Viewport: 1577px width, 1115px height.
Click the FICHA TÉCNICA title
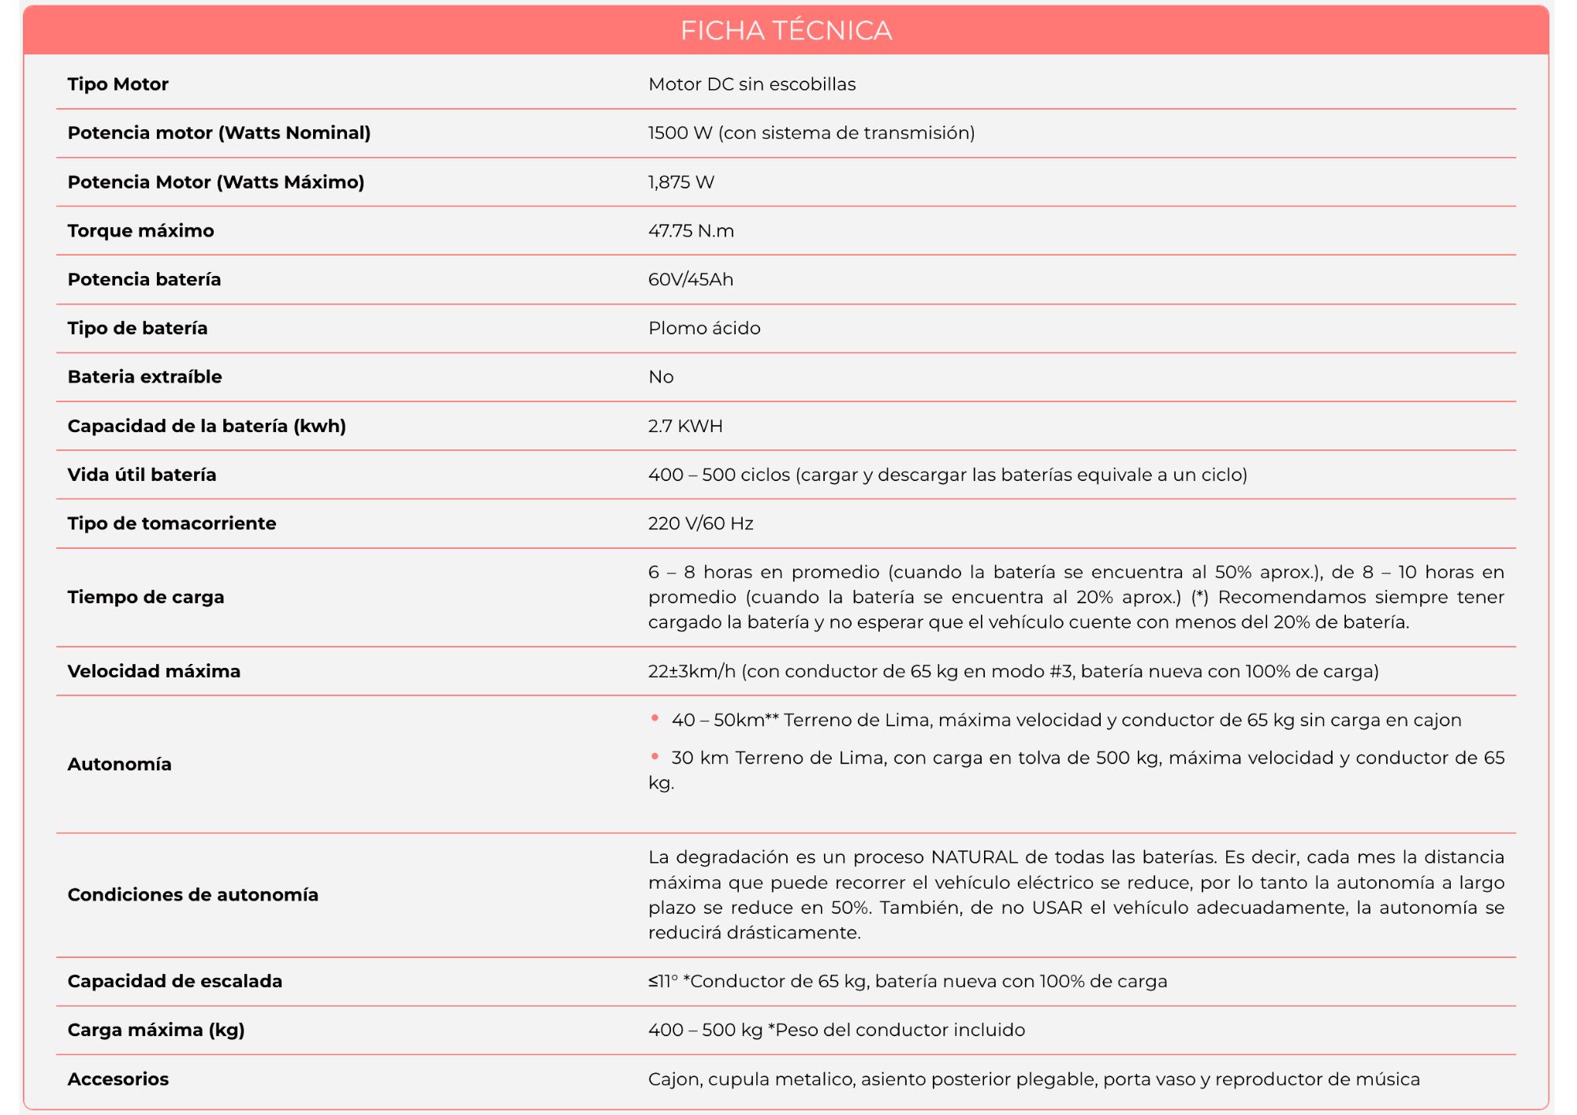click(x=786, y=31)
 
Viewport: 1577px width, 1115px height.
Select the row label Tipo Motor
click(x=117, y=84)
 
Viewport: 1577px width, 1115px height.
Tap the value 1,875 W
click(x=680, y=182)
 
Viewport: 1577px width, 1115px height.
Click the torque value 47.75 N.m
click(x=691, y=231)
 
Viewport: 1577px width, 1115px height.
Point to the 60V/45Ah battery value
click(x=690, y=280)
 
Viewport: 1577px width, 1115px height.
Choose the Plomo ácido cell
click(x=704, y=328)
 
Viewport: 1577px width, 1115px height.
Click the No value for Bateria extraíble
click(x=661, y=377)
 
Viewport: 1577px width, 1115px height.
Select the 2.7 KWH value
click(x=685, y=426)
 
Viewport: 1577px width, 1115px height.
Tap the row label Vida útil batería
click(x=142, y=475)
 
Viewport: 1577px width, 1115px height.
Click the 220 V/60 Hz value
click(x=700, y=524)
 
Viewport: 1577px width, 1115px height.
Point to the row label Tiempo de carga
click(x=146, y=597)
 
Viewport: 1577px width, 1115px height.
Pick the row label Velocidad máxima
click(x=154, y=671)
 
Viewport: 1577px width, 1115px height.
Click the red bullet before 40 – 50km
click(x=654, y=718)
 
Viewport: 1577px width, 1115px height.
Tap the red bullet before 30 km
click(x=654, y=756)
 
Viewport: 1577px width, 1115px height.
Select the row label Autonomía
click(x=119, y=764)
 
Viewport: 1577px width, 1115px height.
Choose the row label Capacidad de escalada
click(x=174, y=981)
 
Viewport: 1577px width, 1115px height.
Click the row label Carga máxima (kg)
click(x=156, y=1030)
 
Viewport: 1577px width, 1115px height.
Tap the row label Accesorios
click(x=118, y=1079)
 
